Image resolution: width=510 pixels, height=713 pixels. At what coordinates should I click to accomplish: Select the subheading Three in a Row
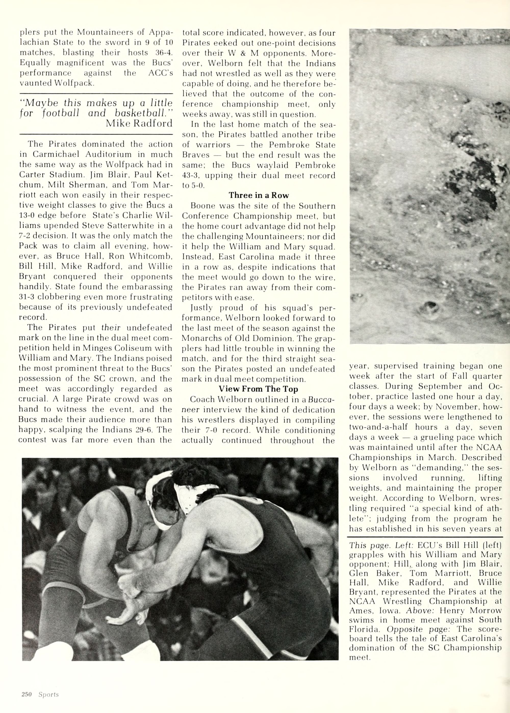(259, 195)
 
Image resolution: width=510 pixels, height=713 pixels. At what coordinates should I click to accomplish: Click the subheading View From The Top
(259, 389)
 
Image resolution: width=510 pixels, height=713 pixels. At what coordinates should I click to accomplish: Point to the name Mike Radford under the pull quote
(139, 123)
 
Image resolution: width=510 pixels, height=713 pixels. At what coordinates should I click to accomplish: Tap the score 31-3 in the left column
(29, 297)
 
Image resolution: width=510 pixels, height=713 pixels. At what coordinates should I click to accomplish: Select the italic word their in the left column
(111, 327)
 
